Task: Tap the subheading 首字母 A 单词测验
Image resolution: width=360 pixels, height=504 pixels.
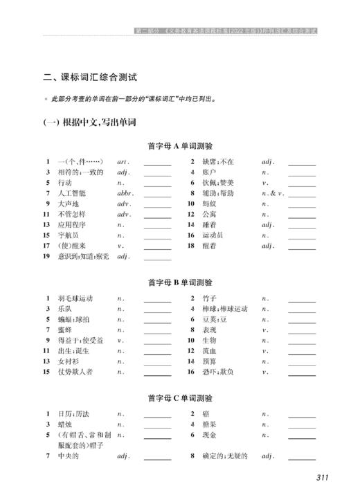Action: click(x=180, y=146)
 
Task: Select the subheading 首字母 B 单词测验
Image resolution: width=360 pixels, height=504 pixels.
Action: click(x=180, y=282)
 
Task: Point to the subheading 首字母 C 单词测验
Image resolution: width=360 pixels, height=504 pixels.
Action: click(x=180, y=398)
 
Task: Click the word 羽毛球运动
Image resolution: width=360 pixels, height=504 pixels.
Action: click(x=76, y=298)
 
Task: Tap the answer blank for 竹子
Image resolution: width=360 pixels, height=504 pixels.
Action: click(x=301, y=300)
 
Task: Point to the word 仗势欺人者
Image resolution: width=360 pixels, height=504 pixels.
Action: click(x=76, y=372)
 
